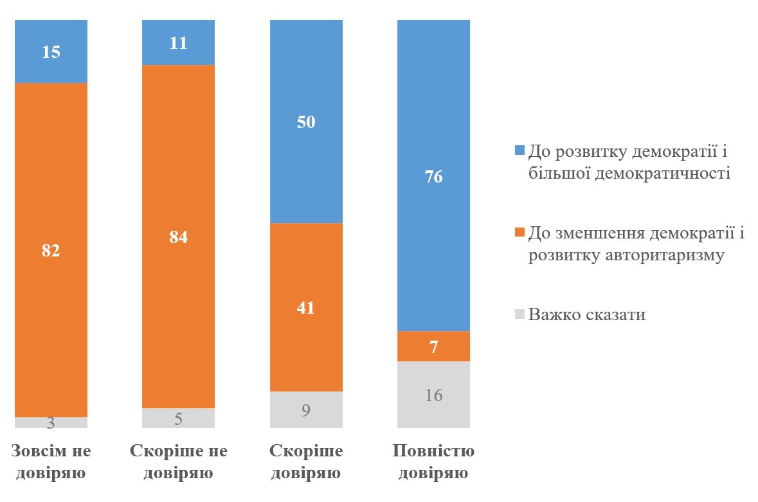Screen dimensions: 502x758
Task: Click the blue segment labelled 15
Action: pos(51,51)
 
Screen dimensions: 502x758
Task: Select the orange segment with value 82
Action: pos(51,250)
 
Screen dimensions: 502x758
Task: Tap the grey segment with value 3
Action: pos(51,422)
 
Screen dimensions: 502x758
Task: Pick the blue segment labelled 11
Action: pos(178,42)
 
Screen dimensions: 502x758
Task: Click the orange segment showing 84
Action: pos(178,237)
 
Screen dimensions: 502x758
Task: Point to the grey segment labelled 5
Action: pos(178,418)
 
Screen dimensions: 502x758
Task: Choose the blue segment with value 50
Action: pos(305,121)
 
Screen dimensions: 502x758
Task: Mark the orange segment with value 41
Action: pos(305,307)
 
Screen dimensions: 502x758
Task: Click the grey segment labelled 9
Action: pos(305,409)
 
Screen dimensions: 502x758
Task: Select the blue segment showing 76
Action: pos(433,175)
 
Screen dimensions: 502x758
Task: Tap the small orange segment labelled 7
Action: pos(433,346)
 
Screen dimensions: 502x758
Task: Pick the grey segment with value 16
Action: pos(433,395)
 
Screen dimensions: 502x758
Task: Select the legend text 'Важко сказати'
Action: pos(586,315)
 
